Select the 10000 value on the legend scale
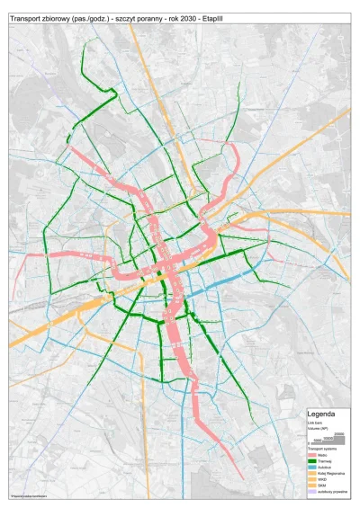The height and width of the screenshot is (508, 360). pos(328,439)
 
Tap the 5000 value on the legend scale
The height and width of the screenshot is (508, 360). pos(319,441)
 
